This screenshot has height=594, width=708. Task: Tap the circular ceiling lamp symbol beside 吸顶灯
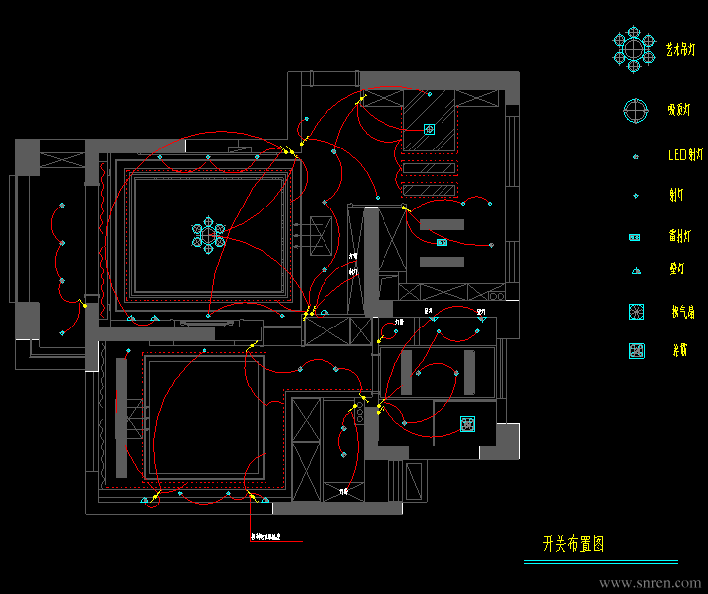[x=635, y=110]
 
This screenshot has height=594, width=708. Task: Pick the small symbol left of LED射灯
[x=636, y=156]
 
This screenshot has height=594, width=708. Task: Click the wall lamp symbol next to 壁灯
[x=636, y=270]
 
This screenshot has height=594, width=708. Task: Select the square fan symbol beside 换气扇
[x=636, y=312]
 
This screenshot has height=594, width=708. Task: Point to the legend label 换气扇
[x=681, y=313]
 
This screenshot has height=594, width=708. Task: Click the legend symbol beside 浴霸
[x=636, y=350]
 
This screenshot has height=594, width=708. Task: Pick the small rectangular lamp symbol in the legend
[x=636, y=237]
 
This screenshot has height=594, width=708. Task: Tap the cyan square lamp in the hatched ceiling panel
[x=429, y=129]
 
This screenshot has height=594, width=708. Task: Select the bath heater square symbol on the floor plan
[x=468, y=424]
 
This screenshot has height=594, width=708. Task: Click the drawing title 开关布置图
[x=573, y=544]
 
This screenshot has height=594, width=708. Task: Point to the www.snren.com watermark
[x=650, y=582]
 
